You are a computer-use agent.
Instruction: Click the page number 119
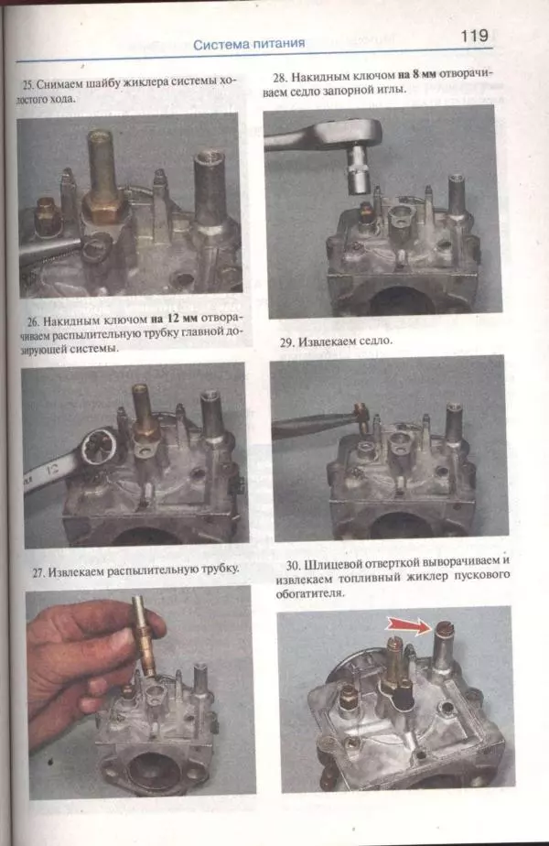pyautogui.click(x=474, y=36)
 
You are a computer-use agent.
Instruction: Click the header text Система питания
pyautogui.click(x=249, y=44)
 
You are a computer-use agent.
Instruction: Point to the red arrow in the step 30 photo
pyautogui.click(x=406, y=626)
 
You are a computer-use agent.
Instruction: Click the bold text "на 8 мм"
pyautogui.click(x=417, y=75)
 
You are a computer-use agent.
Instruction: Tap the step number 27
pyautogui.click(x=38, y=573)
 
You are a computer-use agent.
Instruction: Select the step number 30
pyautogui.click(x=294, y=566)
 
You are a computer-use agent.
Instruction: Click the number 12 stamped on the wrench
pyautogui.click(x=52, y=470)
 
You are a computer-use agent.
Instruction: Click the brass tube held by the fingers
pyautogui.click(x=145, y=635)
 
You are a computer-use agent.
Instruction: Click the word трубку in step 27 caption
pyautogui.click(x=220, y=569)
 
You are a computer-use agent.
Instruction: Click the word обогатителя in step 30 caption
pyautogui.click(x=309, y=593)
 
